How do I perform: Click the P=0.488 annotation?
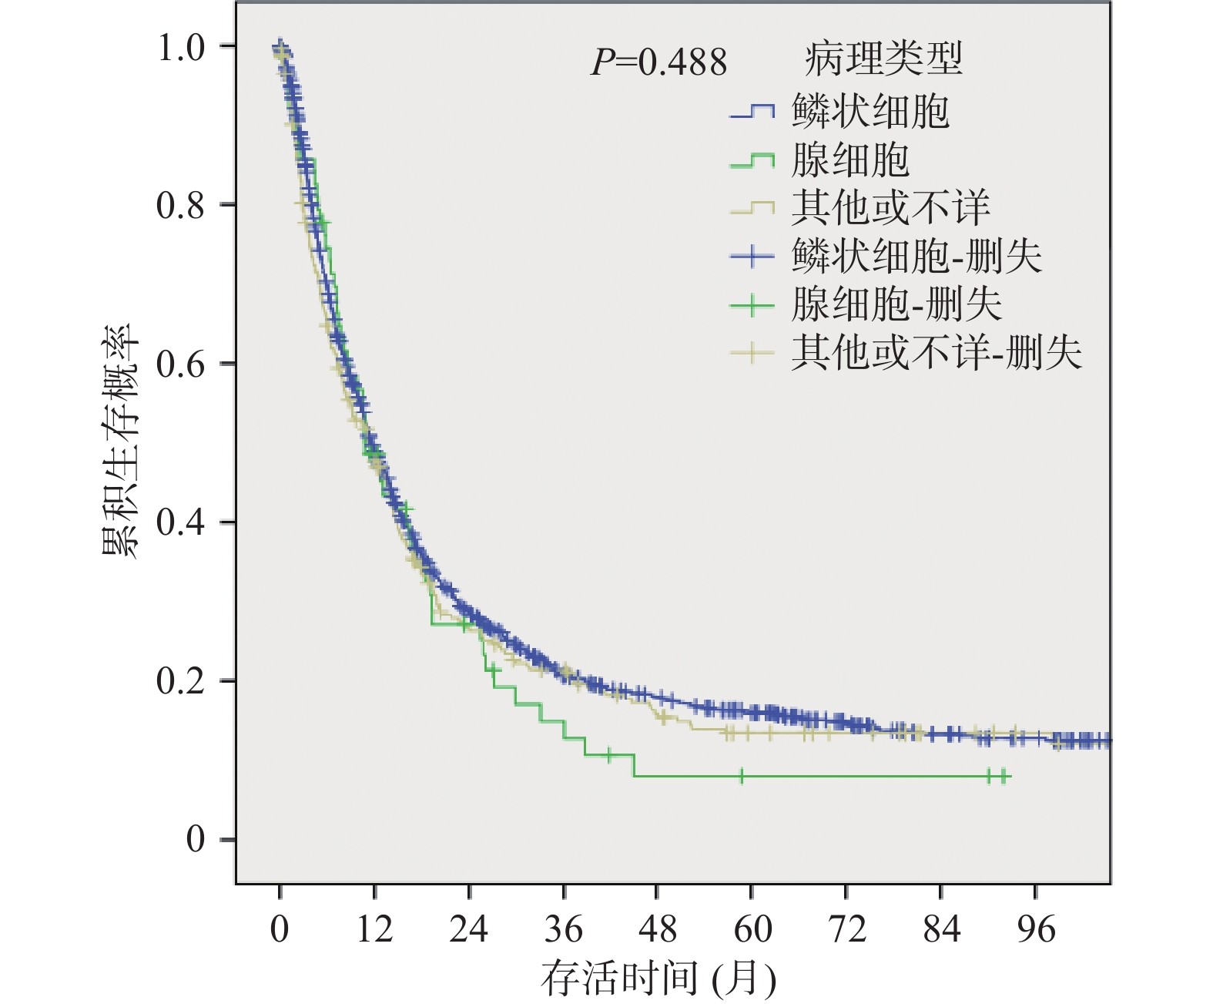click(658, 62)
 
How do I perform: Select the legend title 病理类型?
click(883, 59)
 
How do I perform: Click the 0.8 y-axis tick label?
click(181, 206)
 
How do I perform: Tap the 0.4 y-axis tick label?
click(181, 523)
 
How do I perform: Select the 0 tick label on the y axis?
click(196, 839)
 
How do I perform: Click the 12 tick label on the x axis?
click(374, 929)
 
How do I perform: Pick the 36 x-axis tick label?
click(563, 929)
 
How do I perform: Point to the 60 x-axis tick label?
click(752, 929)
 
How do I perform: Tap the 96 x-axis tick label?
click(1035, 929)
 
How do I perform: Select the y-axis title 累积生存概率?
click(121, 441)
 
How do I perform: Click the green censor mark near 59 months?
click(742, 776)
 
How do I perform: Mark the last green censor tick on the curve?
click(1004, 776)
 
